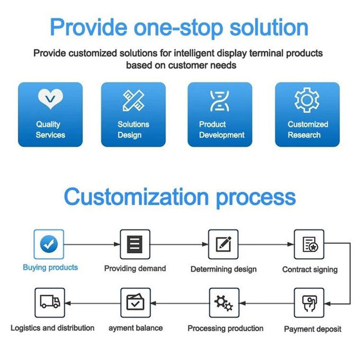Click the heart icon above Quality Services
click(x=50, y=99)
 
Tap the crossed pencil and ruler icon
click(x=133, y=101)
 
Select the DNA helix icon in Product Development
click(x=219, y=101)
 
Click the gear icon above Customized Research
click(x=307, y=100)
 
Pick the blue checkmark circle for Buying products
click(x=49, y=244)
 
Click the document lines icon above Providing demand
click(x=135, y=244)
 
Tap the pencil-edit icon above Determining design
click(x=223, y=244)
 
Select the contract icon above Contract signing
click(x=310, y=244)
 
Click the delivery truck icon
click(x=50, y=301)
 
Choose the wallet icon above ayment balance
click(x=135, y=302)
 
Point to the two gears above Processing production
click(x=223, y=303)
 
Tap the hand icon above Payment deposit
click(x=310, y=303)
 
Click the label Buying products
click(x=50, y=268)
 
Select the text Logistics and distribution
click(x=52, y=328)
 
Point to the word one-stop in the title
click(x=178, y=28)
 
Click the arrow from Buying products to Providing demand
click(x=92, y=244)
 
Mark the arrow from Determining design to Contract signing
click(x=266, y=244)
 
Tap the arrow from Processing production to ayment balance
click(x=180, y=303)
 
